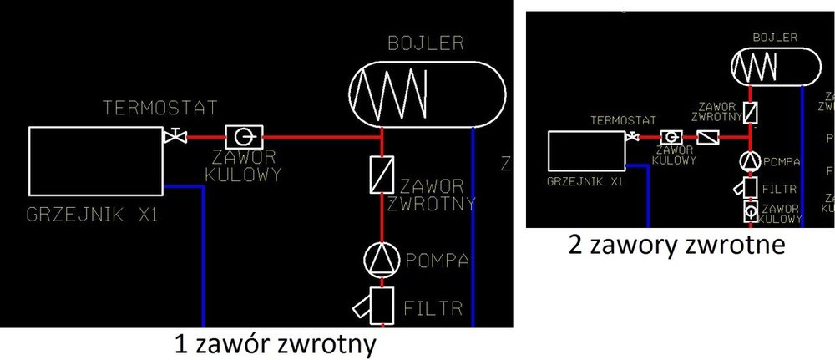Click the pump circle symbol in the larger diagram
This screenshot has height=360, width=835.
382,260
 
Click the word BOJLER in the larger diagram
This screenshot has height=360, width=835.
425,44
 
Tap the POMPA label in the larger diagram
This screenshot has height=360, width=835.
433,260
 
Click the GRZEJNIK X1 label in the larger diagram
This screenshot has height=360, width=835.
93,215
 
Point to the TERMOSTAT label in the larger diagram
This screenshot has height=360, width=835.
159,108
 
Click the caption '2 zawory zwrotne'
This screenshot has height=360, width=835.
676,246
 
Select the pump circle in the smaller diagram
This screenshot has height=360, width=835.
750,161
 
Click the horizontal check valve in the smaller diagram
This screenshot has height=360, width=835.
708,137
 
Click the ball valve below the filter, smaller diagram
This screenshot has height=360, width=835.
750,211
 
